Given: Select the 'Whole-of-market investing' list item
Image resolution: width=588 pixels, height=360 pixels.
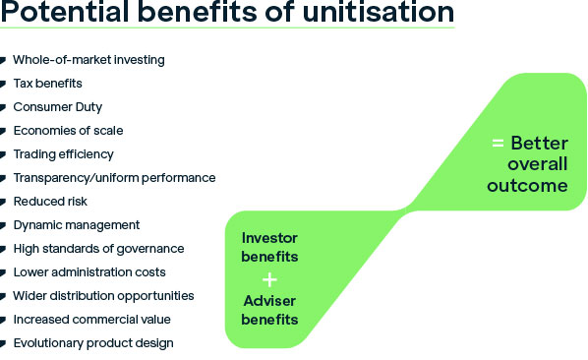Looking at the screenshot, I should tap(88, 60).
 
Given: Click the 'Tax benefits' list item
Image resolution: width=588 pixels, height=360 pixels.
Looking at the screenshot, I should tap(47, 84).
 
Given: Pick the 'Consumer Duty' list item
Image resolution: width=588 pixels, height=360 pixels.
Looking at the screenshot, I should tap(57, 107).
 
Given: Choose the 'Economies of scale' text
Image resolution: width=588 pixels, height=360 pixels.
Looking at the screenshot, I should tap(68, 131).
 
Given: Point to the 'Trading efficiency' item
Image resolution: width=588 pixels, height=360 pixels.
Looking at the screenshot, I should tap(63, 154).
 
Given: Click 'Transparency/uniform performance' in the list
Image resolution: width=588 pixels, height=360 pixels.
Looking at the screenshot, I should tap(114, 178).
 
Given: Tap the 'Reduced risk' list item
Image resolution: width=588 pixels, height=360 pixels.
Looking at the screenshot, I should tap(50, 202).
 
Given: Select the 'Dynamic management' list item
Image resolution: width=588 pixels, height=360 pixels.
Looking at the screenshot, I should tap(77, 225).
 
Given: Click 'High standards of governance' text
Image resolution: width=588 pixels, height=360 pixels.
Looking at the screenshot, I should tap(98, 249).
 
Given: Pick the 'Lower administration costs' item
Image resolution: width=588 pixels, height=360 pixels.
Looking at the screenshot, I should tap(88, 272).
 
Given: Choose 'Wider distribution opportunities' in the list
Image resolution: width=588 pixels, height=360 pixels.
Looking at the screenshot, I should tap(103, 296).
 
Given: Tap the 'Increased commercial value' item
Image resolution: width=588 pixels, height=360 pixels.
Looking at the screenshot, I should tap(91, 320).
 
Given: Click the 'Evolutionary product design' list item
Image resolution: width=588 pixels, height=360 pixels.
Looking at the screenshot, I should tap(93, 343).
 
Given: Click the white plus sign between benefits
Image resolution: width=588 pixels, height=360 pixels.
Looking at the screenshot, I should tap(270, 279).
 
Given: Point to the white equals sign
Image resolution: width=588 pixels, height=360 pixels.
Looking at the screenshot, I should tap(498, 144).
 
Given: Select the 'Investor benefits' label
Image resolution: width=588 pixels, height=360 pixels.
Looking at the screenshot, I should tap(270, 247).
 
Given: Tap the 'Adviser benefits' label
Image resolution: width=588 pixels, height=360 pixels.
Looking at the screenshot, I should tap(270, 311).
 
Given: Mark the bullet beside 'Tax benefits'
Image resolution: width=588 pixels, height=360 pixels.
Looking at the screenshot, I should tap(5, 85).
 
